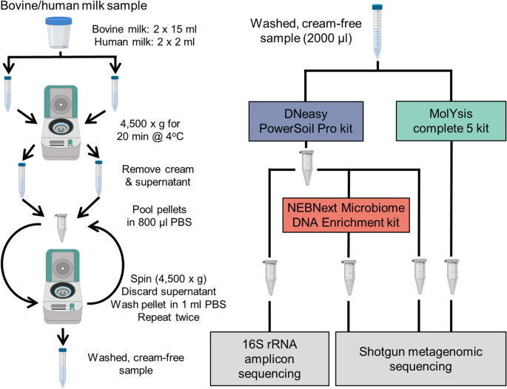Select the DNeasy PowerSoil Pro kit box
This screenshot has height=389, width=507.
(306, 121)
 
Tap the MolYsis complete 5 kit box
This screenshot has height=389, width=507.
(451, 121)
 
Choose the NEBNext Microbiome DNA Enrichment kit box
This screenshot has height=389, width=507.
(346, 215)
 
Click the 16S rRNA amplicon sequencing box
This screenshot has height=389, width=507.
(270, 359)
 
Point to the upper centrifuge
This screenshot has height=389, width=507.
(60, 122)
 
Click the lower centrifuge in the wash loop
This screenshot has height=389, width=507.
(61, 286)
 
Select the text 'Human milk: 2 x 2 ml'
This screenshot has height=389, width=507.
(144, 42)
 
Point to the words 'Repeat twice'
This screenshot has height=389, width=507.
(169, 317)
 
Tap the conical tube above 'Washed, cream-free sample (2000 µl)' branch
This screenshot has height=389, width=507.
(377, 32)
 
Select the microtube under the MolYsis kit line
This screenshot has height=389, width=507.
(451, 276)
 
